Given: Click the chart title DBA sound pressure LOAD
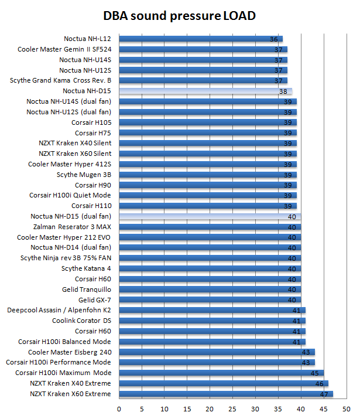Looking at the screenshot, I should pos(180,15).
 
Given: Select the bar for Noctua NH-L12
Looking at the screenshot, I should pos(201,39).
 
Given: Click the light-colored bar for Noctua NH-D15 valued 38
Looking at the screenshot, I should pos(205,91).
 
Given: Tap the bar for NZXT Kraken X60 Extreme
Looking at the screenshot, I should pos(226,394).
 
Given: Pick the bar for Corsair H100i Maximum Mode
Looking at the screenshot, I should pos(221,373).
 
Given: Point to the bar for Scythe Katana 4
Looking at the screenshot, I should pos(210,268).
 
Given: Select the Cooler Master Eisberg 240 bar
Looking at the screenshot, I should pos(217,352).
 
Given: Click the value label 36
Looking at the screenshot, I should pos(273,39).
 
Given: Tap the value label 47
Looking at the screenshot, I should pos(324,394).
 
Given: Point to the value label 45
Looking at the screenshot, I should pos(314,373).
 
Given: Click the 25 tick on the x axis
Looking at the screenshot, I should pos(233,408).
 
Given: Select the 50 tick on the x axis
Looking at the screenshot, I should pos(347,408).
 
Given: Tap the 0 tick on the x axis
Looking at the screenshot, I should pos(119,408).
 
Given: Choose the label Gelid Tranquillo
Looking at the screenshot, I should pos(86,289).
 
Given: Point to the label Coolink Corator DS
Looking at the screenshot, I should pos(81,321).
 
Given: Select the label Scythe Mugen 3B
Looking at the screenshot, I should pos(84,175).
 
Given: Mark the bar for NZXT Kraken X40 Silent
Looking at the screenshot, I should pos(208,144).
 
